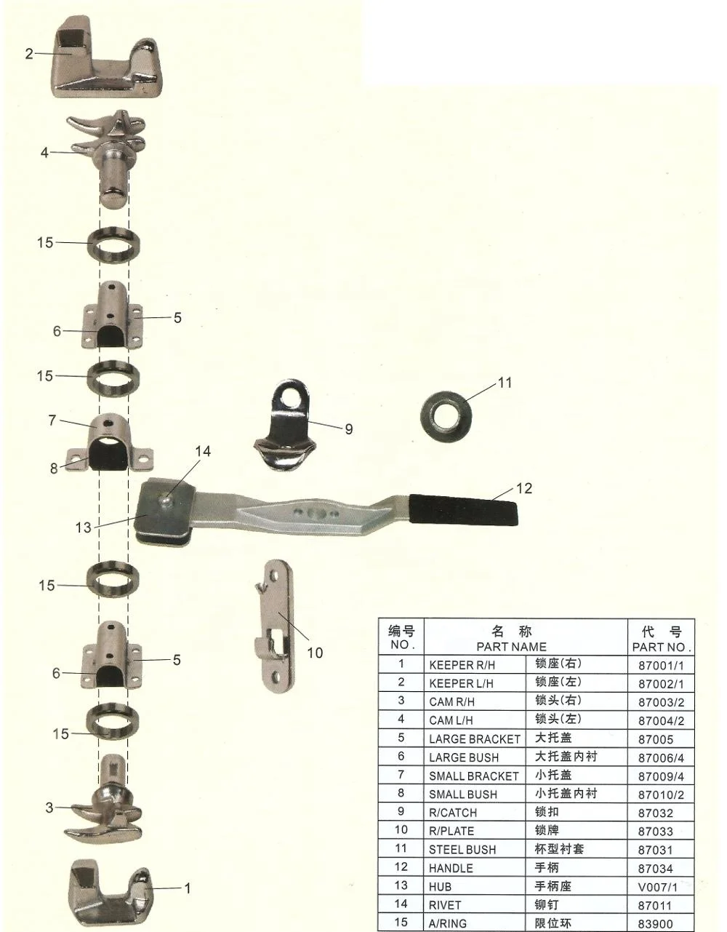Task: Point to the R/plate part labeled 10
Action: (273, 626)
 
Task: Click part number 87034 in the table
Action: (656, 868)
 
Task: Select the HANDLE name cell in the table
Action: (451, 868)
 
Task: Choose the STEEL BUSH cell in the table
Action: (462, 850)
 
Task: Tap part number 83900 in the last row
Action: (656, 923)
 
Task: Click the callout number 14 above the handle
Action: (203, 452)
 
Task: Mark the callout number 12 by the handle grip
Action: (523, 488)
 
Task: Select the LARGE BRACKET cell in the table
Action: (474, 738)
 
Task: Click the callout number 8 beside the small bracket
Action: (54, 469)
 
